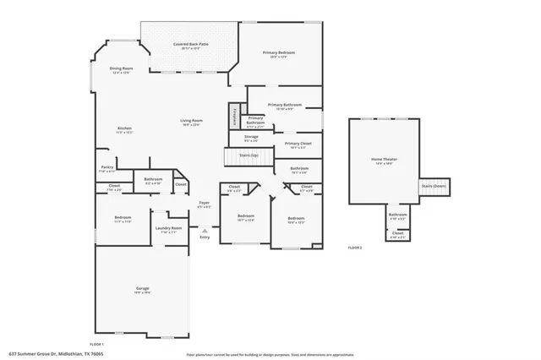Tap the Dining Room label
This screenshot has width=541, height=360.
coord(122,70)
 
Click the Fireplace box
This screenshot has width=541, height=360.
coord(233,117)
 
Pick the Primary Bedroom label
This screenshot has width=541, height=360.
coord(281,55)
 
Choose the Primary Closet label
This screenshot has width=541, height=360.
coord(298,145)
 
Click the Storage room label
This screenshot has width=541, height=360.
coord(251,138)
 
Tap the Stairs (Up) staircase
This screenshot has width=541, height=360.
coord(249,156)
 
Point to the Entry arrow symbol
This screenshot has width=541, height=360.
coord(204,228)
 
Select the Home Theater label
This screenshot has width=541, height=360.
coord(384,161)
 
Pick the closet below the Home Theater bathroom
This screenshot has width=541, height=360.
coord(397,235)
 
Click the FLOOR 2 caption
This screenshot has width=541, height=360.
coord(355,248)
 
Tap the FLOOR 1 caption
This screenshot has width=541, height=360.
coord(97,344)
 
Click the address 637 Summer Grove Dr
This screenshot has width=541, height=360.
coord(52,353)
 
